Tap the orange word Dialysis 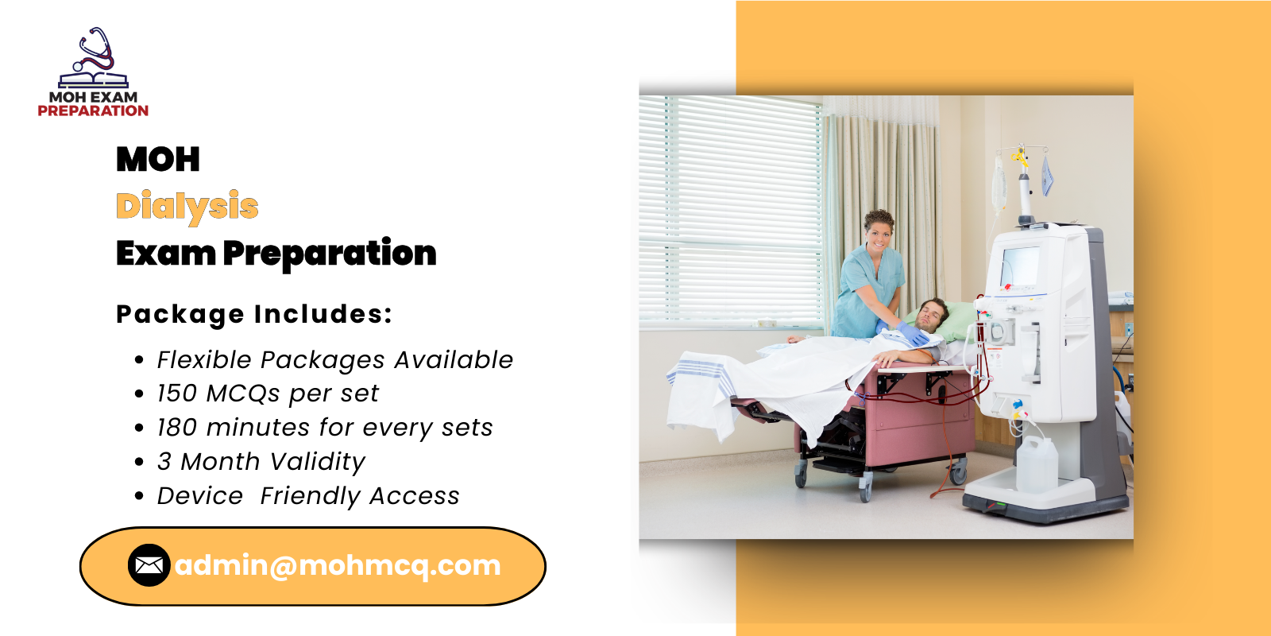[187, 206]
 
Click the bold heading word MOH [158, 159]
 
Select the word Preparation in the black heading [329, 254]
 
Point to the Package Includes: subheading [254, 314]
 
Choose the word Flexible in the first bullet [204, 360]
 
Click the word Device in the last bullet [200, 496]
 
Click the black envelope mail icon [149, 565]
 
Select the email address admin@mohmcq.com [338, 565]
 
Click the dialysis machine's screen [1020, 266]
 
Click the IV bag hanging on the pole [999, 183]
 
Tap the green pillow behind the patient [960, 318]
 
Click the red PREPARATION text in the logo [93, 111]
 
